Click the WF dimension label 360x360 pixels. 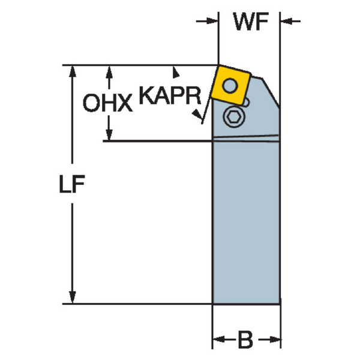point(251,21)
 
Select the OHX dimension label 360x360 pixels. point(107,103)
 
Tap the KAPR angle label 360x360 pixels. point(170,95)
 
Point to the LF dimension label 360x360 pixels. point(72,184)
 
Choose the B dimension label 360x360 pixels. point(245,340)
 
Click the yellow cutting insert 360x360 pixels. point(230,85)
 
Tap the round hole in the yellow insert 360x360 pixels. point(230,85)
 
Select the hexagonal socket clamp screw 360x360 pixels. point(234,118)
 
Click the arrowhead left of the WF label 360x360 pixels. point(212,21)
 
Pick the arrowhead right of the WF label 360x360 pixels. point(287,21)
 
